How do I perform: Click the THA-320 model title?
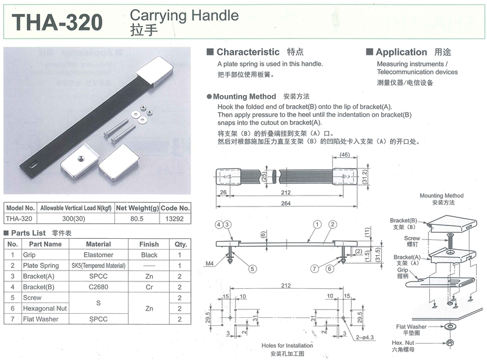(x=57, y=23)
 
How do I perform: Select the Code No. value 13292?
(x=174, y=219)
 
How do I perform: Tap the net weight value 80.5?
(x=136, y=219)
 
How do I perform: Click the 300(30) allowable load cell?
(x=74, y=219)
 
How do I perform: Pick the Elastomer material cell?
(x=99, y=255)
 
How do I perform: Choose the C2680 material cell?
(x=99, y=287)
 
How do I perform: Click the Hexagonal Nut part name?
(x=44, y=308)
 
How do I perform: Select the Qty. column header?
(x=180, y=244)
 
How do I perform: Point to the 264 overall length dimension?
(x=286, y=203)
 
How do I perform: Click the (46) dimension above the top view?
(x=345, y=155)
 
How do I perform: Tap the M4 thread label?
(x=209, y=263)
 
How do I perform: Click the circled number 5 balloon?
(x=253, y=269)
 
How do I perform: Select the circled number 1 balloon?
(x=317, y=224)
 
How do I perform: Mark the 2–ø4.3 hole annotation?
(x=365, y=337)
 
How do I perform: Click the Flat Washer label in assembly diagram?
(x=412, y=326)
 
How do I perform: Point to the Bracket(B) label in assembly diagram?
(x=404, y=221)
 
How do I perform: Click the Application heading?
(x=401, y=52)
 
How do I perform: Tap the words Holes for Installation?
(x=287, y=345)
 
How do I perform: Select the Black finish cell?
(x=149, y=255)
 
